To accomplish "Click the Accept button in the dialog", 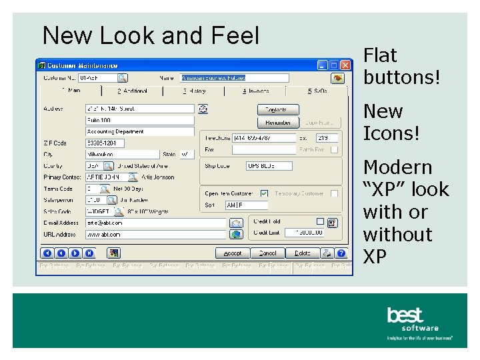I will tap(232, 253).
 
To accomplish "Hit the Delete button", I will tap(303, 253).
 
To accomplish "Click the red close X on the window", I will tap(345, 65).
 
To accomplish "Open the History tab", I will tap(194, 91).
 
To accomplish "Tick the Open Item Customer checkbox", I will tap(264, 193).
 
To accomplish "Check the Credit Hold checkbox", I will tap(320, 221).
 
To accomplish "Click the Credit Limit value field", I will tap(305, 233).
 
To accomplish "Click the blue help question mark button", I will tap(341, 253).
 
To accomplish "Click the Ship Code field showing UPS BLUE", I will tap(269, 166).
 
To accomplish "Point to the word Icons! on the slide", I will tap(391, 133).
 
